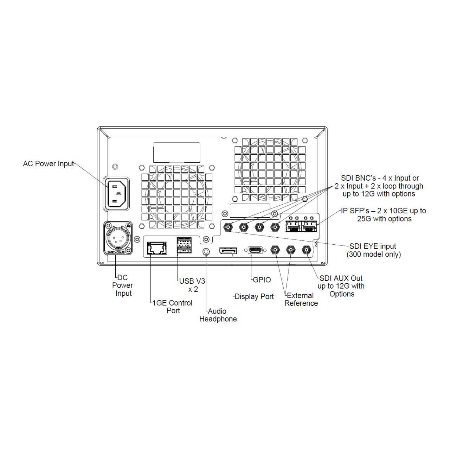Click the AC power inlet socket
(116, 194)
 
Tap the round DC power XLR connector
(118, 237)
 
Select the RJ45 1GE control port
(157, 248)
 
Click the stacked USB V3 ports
(184, 245)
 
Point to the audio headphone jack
(206, 251)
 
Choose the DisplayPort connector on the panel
(228, 251)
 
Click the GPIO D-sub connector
(255, 250)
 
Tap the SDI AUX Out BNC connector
(306, 250)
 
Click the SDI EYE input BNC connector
(228, 227)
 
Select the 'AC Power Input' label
(48, 164)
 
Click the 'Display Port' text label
(254, 297)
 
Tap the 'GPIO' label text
(262, 280)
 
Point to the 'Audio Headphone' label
(218, 315)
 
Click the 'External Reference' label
(301, 300)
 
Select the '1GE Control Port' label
(172, 307)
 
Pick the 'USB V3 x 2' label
(192, 285)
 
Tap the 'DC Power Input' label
(123, 285)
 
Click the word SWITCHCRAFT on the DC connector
(116, 252)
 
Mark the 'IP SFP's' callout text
(384, 215)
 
